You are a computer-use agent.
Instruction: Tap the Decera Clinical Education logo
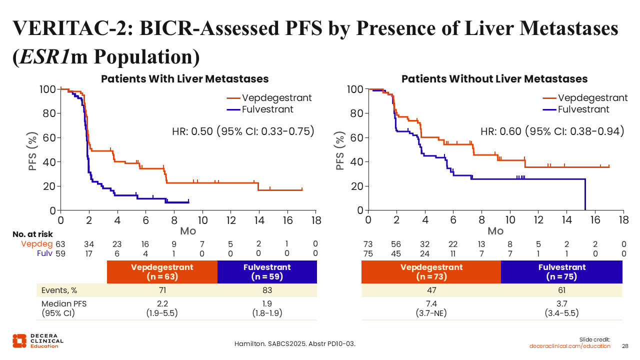click(x=38, y=340)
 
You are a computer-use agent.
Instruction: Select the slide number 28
click(x=625, y=346)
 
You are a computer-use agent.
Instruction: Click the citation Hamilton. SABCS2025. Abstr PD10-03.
click(x=295, y=344)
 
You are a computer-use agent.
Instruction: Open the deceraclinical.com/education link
click(x=570, y=346)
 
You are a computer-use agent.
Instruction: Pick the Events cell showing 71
click(x=162, y=290)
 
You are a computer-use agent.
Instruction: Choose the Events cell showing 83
click(x=267, y=290)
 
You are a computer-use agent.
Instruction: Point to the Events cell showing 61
click(x=561, y=290)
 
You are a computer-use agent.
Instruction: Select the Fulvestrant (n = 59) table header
click(x=267, y=271)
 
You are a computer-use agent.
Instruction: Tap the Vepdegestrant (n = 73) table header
click(x=431, y=271)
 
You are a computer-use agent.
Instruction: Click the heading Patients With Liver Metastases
click(x=185, y=79)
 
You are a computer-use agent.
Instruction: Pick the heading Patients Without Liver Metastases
click(x=494, y=79)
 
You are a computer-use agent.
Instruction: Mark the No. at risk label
click(x=32, y=234)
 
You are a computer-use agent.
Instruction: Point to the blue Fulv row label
click(x=44, y=253)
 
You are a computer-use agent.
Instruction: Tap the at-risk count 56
click(x=396, y=244)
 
